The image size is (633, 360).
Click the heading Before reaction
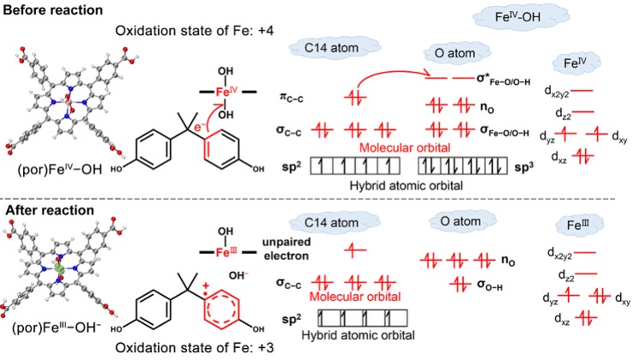tap(54, 9)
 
